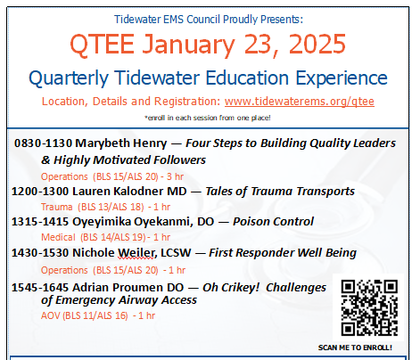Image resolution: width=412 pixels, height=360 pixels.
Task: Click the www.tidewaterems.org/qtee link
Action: tap(300, 102)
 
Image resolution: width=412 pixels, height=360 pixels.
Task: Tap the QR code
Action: tap(369, 307)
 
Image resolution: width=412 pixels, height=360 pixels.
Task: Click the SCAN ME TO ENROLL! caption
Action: tap(355, 348)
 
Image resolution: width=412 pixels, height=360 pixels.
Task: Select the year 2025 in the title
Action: tap(317, 44)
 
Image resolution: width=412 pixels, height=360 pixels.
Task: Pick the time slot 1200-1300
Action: tap(40, 192)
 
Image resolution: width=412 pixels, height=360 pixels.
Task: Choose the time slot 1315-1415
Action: tap(40, 222)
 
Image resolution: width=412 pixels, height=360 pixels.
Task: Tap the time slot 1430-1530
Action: tap(40, 253)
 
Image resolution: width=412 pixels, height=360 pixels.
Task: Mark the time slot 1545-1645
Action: tap(40, 288)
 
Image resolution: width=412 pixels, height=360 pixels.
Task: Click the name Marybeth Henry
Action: tap(121, 143)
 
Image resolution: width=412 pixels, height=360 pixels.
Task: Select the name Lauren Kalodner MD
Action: tap(129, 192)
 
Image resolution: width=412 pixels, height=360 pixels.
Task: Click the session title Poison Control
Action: tap(273, 222)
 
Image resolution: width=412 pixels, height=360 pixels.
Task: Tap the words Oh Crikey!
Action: tap(231, 288)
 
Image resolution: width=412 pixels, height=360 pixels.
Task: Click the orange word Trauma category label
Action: tap(56, 207)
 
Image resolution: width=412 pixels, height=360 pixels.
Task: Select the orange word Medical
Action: tap(58, 237)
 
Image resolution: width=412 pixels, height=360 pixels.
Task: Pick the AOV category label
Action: tap(51, 315)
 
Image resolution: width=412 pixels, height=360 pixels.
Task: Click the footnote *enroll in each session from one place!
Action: tap(208, 118)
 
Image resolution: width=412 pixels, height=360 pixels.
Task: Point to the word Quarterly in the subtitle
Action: tap(69, 78)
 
